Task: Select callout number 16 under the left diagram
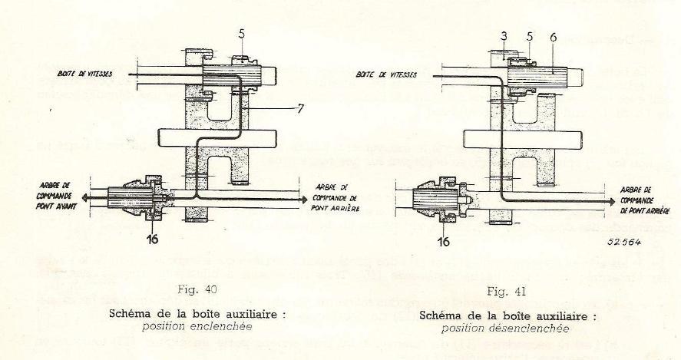pyautogui.click(x=152, y=239)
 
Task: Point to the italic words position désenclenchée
pyautogui.click(x=505, y=328)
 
